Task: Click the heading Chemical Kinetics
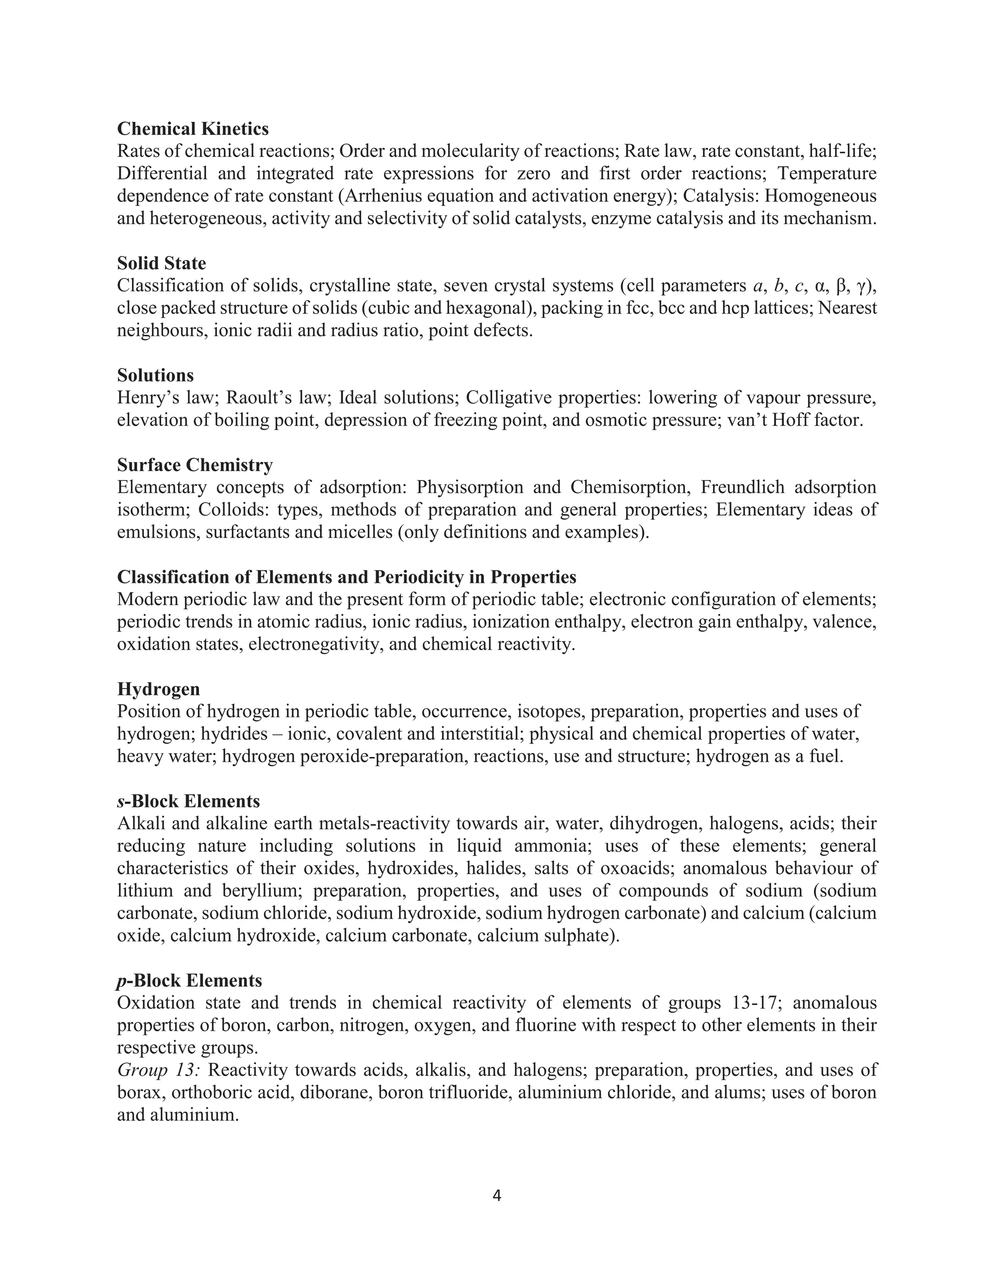(193, 129)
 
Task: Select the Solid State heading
(161, 263)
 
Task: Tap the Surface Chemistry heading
(195, 465)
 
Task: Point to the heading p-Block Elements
(189, 981)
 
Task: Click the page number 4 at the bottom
(497, 1195)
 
